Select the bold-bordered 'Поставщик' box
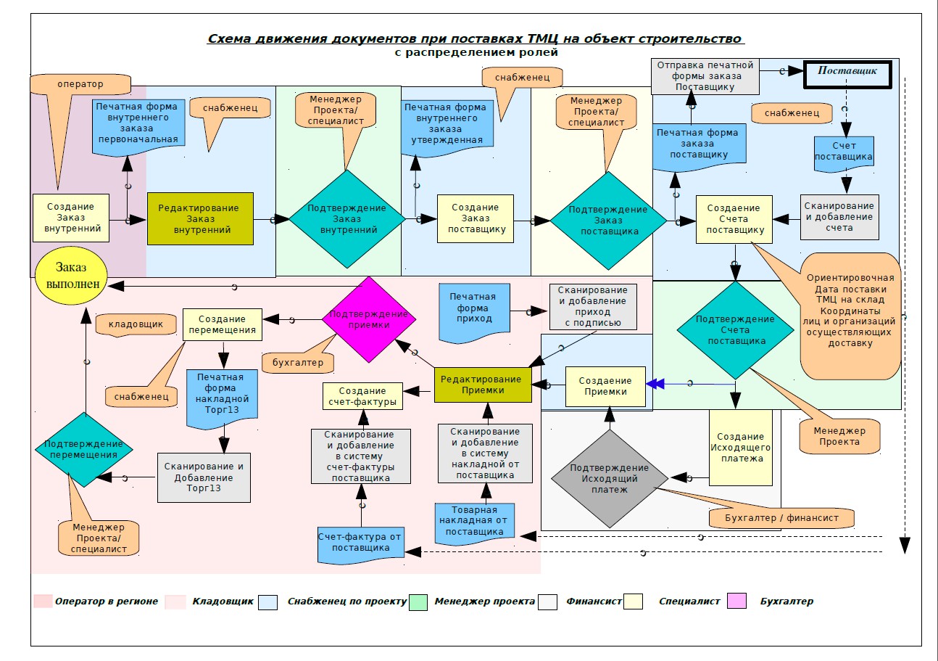[x=847, y=73]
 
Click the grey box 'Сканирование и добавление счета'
[x=839, y=217]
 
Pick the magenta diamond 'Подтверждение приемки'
[x=368, y=319]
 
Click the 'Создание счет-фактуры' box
[x=364, y=396]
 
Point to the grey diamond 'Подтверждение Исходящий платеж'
[x=610, y=478]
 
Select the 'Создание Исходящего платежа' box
[x=740, y=448]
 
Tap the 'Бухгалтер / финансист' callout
[x=782, y=518]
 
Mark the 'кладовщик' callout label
[x=136, y=324]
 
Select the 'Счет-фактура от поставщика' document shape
[x=361, y=543]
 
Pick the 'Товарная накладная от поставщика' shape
[x=475, y=521]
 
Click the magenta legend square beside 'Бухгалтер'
[x=738, y=601]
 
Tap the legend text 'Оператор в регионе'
[x=107, y=602]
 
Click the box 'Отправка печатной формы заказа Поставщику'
[x=705, y=75]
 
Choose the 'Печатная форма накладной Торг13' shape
[x=223, y=398]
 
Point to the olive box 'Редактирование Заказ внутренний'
[x=200, y=218]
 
